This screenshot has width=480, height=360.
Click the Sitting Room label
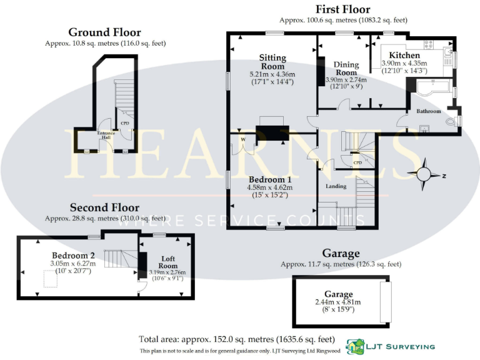(272, 62)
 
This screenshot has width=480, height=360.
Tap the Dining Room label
(345, 68)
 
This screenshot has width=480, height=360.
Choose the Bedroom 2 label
(73, 255)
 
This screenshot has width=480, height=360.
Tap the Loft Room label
(166, 262)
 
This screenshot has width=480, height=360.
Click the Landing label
(336, 186)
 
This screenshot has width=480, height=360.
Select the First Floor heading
(342, 9)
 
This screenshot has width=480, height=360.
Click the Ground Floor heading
(104, 32)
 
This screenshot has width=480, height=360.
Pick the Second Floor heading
(104, 207)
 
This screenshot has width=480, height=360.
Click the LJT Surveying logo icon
(357, 346)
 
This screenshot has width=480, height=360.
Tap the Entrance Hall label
(104, 135)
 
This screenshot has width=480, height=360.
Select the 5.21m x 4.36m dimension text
(272, 74)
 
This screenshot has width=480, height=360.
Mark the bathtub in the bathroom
(431, 89)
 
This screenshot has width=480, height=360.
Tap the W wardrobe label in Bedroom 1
(241, 140)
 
